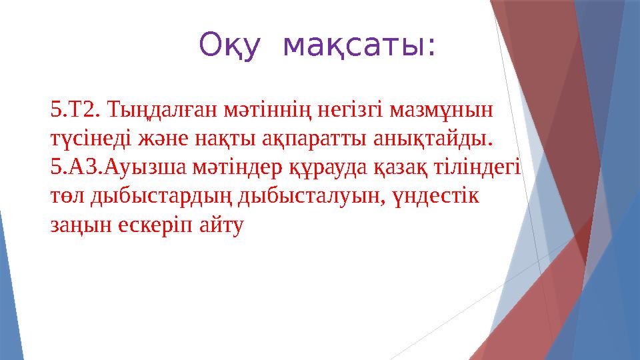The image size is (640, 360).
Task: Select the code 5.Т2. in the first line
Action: [75, 107]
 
